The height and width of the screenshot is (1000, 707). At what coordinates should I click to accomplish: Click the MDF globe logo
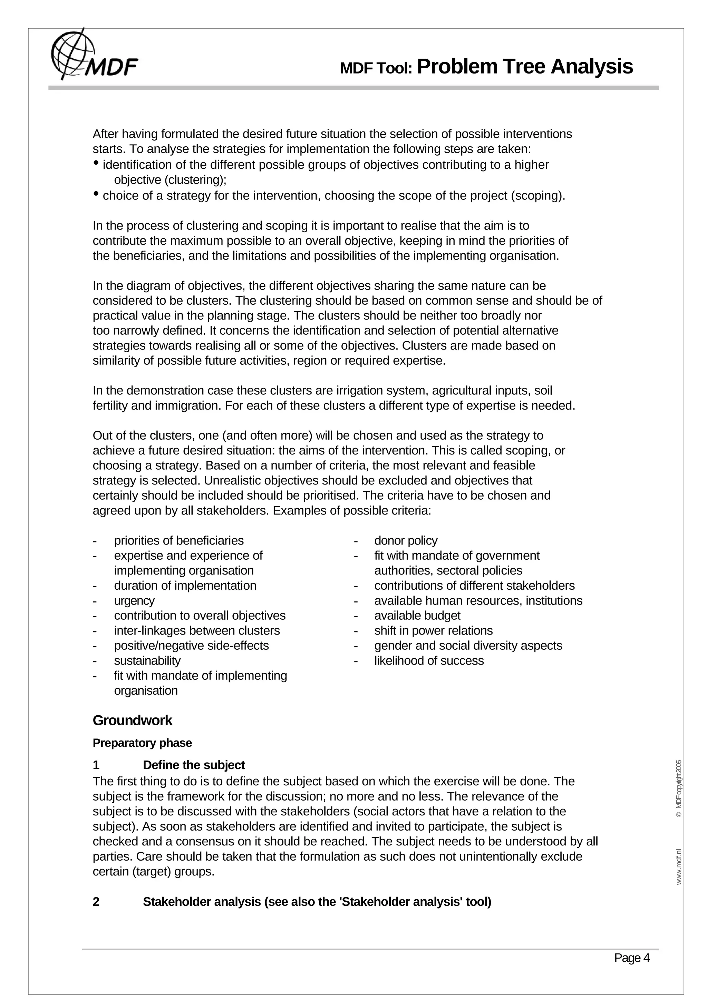pos(73,55)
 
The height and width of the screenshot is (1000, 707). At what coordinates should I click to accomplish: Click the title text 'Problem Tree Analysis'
pos(524,67)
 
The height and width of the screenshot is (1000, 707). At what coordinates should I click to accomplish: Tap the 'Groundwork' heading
pos(133,720)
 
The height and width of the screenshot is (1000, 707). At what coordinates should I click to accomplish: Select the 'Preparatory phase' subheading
pos(142,743)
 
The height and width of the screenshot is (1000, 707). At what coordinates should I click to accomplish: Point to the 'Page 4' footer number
pos(632,958)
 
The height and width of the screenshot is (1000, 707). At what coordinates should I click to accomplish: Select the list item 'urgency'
pos(134,601)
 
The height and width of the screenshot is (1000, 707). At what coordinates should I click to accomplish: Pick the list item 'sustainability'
pos(147,661)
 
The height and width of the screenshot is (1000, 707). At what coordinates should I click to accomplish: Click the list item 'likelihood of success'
pos(429,661)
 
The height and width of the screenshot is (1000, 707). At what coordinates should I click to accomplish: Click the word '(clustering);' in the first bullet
pos(195,180)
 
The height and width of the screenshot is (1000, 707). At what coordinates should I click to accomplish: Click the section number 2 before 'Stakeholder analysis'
pos(96,902)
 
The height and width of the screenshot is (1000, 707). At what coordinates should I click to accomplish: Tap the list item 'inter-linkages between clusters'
pos(197,631)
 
